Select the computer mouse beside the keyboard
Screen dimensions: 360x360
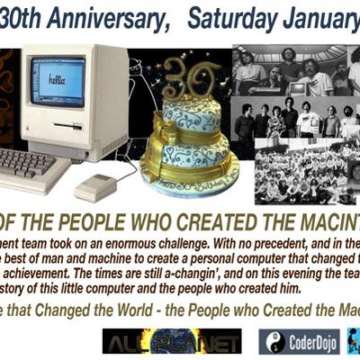(95, 186)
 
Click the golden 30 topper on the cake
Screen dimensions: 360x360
(191, 82)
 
